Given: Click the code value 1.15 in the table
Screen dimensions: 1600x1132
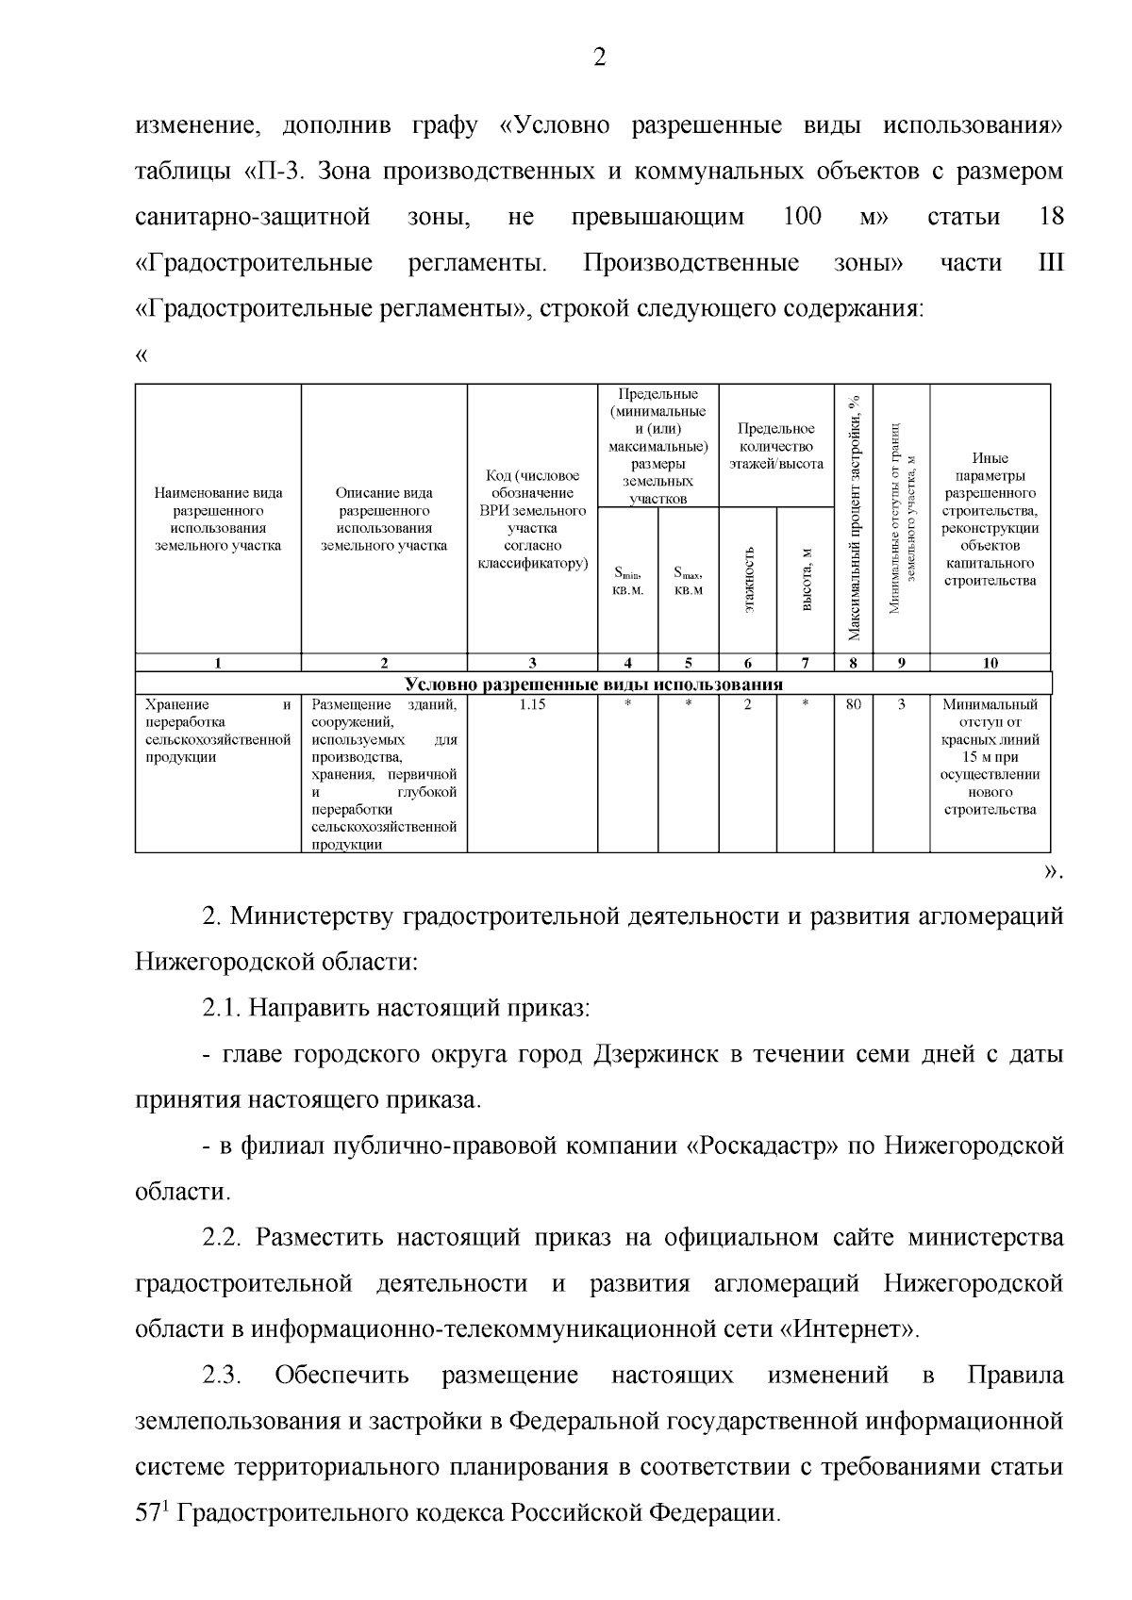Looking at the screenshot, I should (x=532, y=704).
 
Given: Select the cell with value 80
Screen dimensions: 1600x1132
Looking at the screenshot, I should (x=853, y=704).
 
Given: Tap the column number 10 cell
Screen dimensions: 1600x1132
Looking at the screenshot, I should (x=990, y=663).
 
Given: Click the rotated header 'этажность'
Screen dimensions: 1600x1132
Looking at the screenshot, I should (x=749, y=579).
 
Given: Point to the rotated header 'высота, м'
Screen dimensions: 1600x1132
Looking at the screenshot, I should (x=807, y=579).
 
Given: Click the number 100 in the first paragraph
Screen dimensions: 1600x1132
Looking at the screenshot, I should (x=803, y=217).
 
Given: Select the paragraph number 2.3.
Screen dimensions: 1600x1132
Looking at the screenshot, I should (x=224, y=1376).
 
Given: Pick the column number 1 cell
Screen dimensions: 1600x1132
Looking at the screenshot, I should (x=218, y=663).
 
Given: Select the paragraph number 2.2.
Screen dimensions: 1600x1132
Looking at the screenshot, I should (x=224, y=1238).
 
